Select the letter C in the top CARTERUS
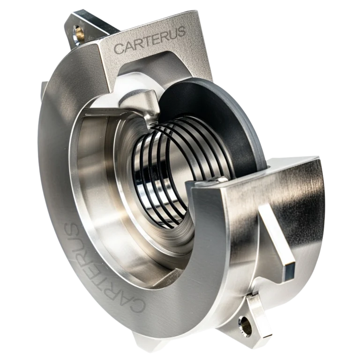click(119, 48)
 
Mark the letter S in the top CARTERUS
click(180, 32)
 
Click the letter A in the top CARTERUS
click(127, 46)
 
